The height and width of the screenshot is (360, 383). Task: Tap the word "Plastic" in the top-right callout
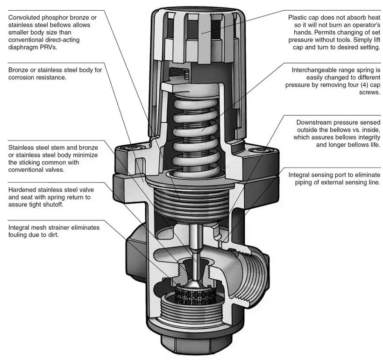point(299,17)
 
